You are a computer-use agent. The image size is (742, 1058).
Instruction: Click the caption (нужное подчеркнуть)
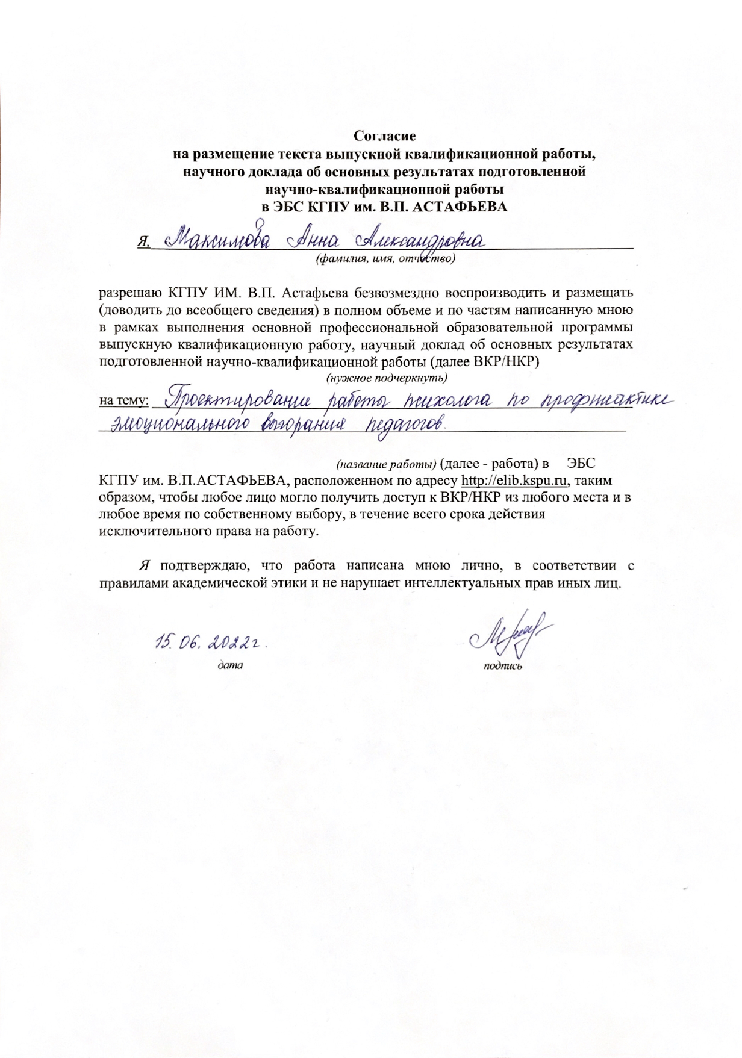click(386, 379)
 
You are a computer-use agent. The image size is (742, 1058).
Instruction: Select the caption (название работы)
click(386, 464)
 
